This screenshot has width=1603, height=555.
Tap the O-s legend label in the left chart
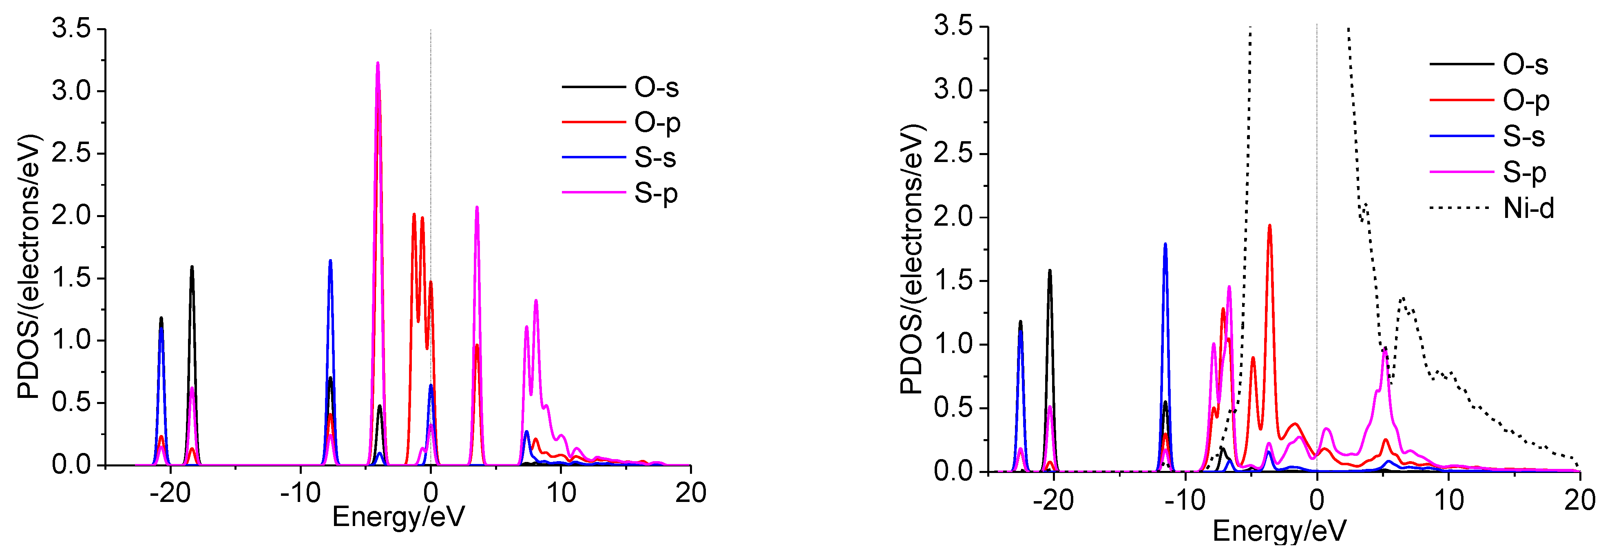[x=656, y=87]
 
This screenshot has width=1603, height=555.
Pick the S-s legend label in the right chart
[x=1523, y=136]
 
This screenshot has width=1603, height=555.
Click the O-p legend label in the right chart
[x=1526, y=101]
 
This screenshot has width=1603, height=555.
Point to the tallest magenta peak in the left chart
[x=378, y=64]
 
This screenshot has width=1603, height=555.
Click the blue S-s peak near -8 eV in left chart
[x=330, y=262]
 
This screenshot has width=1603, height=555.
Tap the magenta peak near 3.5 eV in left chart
[x=477, y=208]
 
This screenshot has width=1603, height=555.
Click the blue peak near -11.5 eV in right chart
[x=1165, y=245]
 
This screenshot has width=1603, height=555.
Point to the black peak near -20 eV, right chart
[x=1050, y=271]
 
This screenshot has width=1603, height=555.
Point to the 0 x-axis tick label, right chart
[x=1317, y=500]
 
